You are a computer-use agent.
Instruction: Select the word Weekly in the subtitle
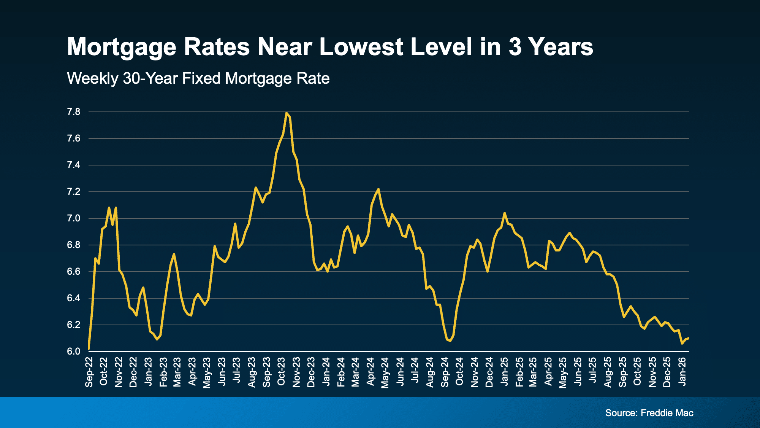point(93,78)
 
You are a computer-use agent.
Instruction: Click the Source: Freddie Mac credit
point(649,413)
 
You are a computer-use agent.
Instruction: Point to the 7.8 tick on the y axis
point(74,112)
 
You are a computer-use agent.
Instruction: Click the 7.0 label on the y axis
point(74,218)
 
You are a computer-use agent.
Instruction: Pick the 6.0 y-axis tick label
point(74,352)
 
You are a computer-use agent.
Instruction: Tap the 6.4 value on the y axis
point(74,298)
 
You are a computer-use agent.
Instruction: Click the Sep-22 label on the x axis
point(89,372)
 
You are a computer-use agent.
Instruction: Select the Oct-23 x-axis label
point(281,372)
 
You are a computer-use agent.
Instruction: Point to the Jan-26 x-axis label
point(682,372)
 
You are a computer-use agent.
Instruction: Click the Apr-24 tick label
point(370,372)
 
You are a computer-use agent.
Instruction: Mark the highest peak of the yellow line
point(286,113)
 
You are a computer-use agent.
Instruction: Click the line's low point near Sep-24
point(450,341)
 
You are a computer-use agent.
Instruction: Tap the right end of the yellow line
point(689,338)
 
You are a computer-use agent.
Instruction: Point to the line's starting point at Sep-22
point(89,348)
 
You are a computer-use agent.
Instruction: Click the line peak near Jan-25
point(505,213)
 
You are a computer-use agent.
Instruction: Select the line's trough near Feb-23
point(157,339)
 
